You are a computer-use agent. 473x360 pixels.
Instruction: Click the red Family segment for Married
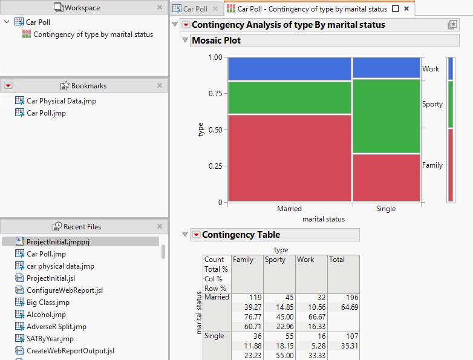click(289, 157)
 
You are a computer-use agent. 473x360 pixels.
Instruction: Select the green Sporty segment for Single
click(386, 116)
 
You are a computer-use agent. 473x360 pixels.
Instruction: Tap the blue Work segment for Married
click(289, 68)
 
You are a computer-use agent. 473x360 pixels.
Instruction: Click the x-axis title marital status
click(324, 219)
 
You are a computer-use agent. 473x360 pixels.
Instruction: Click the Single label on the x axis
click(386, 209)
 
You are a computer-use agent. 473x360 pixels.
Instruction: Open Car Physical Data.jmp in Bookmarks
click(61, 101)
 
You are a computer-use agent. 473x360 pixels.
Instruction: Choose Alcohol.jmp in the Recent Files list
click(46, 315)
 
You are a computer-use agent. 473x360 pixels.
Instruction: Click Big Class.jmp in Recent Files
click(48, 303)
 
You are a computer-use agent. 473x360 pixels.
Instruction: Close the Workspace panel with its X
click(160, 8)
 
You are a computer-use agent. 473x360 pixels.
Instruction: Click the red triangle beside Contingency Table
click(195, 235)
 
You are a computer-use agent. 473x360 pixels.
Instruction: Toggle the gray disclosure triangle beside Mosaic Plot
click(186, 41)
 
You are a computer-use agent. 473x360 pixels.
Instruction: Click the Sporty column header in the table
click(275, 260)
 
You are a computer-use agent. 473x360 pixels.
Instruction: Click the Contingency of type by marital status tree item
click(93, 34)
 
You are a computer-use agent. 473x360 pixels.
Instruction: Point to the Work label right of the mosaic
click(431, 69)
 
